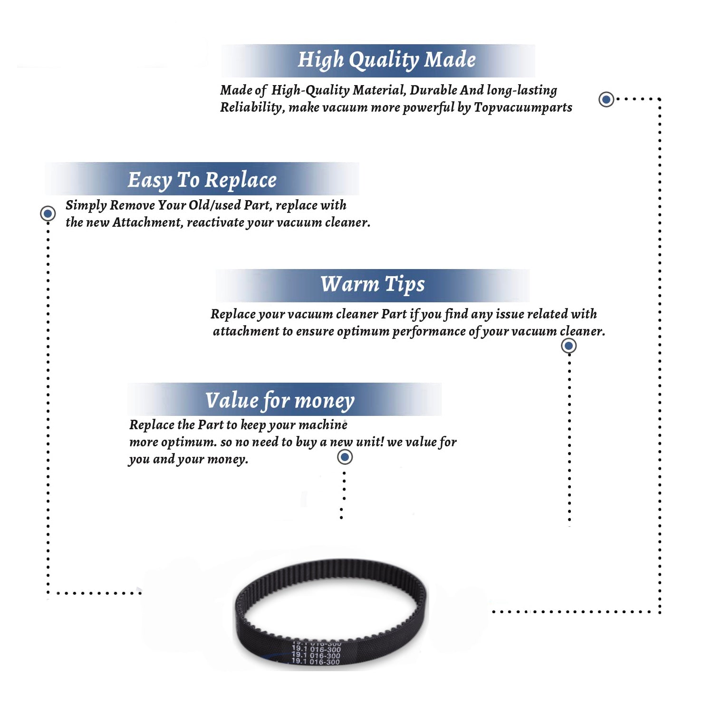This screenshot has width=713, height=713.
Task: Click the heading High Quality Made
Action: (x=386, y=60)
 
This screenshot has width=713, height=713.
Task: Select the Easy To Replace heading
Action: (x=202, y=181)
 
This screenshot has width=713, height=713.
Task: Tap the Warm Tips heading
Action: (x=372, y=284)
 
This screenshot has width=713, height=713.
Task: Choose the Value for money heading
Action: (x=279, y=400)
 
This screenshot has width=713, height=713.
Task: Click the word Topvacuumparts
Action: (x=523, y=108)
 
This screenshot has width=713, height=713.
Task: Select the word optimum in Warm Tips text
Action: (x=363, y=332)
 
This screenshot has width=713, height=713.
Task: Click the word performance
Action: (x=429, y=332)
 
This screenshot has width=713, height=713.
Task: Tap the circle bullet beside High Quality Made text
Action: (x=606, y=99)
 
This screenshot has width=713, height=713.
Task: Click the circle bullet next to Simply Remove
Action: (x=48, y=213)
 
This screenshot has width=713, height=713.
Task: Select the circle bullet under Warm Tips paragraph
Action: (x=568, y=346)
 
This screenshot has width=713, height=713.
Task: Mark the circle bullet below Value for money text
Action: (x=345, y=457)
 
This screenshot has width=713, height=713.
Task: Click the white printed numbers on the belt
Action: (x=316, y=653)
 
